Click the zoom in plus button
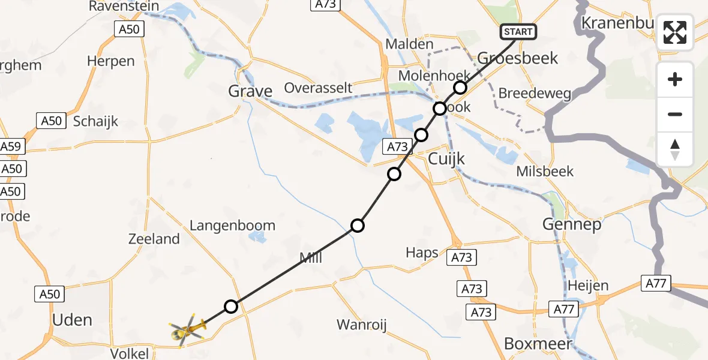pyautogui.click(x=675, y=79)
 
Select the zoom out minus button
pyautogui.click(x=675, y=114)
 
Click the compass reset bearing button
pyautogui.click(x=675, y=149)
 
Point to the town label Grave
pyautogui.click(x=250, y=91)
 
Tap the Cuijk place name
pyautogui.click(x=446, y=158)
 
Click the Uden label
pyautogui.click(x=72, y=320)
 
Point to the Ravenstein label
pyautogui.click(x=124, y=7)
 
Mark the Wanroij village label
pyautogui.click(x=361, y=325)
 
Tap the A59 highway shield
pyautogui.click(x=10, y=146)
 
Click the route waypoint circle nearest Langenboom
pyautogui.click(x=358, y=226)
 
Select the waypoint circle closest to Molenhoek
pyautogui.click(x=460, y=88)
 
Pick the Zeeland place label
pyautogui.click(x=154, y=239)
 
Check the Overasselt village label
pyautogui.click(x=318, y=88)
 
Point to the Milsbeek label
pyautogui.click(x=545, y=172)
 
